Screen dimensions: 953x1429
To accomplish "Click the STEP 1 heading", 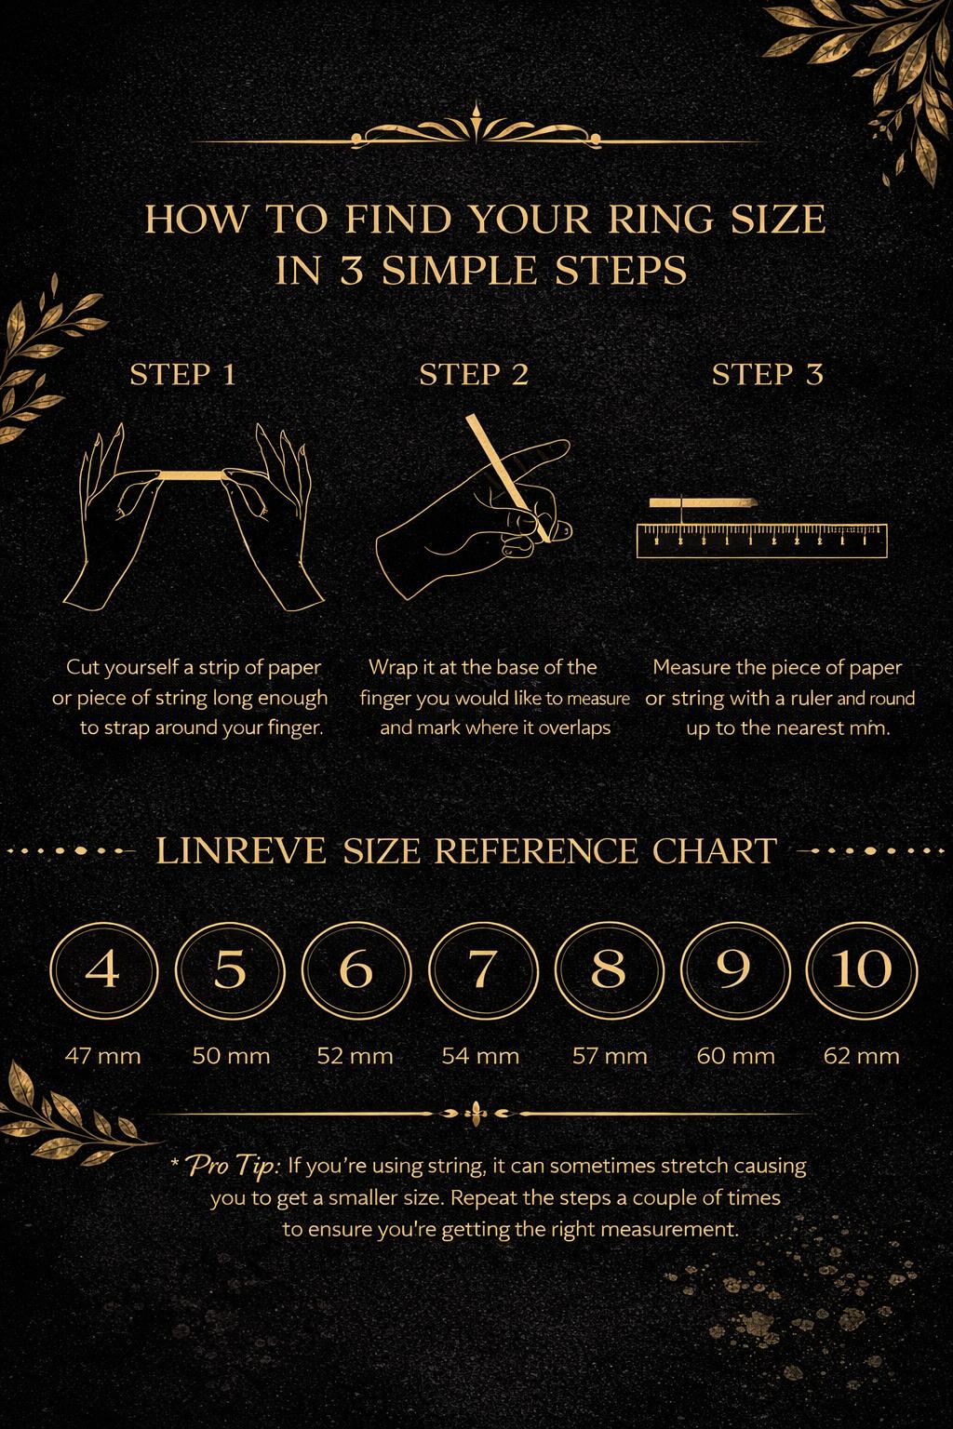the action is (x=183, y=375).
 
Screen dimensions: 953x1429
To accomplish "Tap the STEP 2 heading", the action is (x=475, y=375).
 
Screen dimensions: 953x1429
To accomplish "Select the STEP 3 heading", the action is (x=768, y=375).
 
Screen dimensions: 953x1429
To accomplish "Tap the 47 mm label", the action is (x=102, y=1056).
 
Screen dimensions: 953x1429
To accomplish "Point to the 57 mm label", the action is (x=610, y=1056).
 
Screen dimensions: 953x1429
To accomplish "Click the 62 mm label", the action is (x=862, y=1056).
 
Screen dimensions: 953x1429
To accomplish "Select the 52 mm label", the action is (x=355, y=1056).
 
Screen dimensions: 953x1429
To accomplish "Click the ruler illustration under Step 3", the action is (x=762, y=541).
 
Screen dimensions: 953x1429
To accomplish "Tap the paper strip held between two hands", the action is (x=190, y=475).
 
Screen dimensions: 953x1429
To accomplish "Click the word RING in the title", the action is (x=661, y=220).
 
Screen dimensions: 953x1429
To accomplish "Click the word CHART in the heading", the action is (x=715, y=851).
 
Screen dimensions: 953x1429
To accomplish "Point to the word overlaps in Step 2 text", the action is (x=574, y=728).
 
